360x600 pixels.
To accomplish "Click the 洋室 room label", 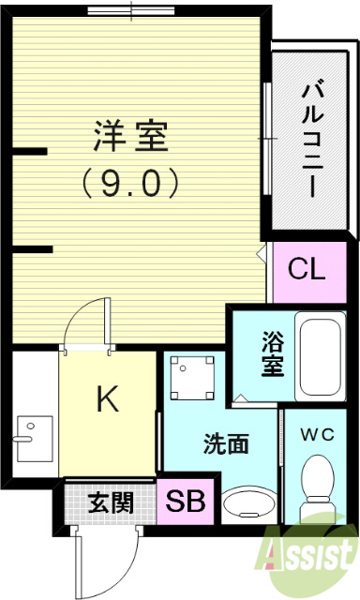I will (130, 138).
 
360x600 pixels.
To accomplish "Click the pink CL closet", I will (306, 270).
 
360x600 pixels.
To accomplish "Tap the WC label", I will (318, 433).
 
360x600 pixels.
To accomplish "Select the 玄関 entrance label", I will (111, 502).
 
